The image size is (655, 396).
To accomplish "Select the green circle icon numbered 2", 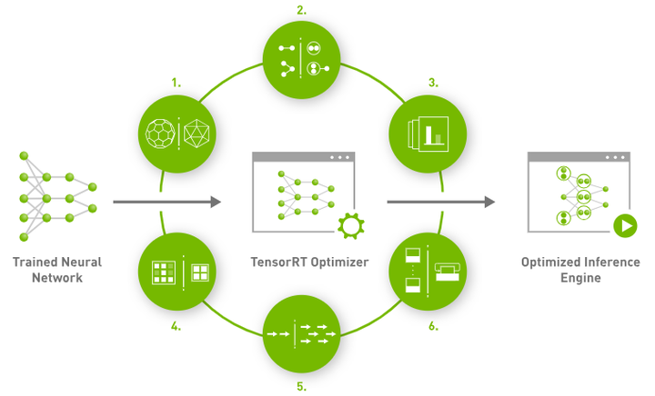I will (301, 56).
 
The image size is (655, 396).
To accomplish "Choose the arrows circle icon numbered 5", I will (301, 332).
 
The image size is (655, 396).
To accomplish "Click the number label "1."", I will (176, 83).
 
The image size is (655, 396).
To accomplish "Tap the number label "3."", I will (434, 82).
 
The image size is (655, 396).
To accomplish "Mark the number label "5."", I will (301, 386).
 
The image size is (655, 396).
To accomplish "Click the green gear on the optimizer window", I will (349, 226).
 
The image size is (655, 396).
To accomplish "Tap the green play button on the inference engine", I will (624, 226).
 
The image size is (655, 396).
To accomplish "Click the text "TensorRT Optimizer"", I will (303, 263).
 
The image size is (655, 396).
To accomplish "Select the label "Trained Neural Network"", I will (56, 270).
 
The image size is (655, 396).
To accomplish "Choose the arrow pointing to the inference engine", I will (440, 202).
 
